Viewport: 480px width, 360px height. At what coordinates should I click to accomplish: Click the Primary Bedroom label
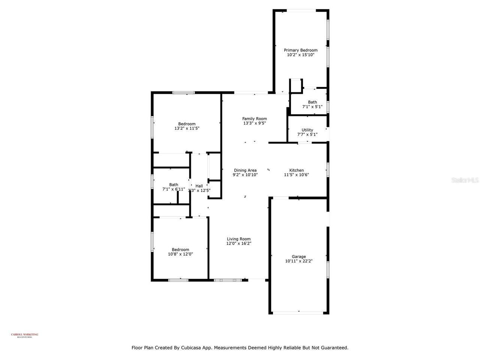point(300,50)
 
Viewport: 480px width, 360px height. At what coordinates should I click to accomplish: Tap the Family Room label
point(254,119)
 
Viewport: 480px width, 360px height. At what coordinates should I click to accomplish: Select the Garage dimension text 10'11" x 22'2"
point(299,261)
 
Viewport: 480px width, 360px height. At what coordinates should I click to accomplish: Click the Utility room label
point(307,130)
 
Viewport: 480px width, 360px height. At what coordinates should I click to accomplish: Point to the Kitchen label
point(296,170)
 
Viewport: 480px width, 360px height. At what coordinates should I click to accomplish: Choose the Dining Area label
point(245,170)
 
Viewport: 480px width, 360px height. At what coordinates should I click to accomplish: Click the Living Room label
point(238,239)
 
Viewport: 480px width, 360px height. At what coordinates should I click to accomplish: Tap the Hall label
point(199,186)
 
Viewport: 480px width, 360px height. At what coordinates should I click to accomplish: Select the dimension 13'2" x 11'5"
point(187,128)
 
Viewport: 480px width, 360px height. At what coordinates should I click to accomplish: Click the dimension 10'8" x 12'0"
point(180,254)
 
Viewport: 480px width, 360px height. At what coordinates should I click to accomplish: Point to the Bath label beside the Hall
point(174,184)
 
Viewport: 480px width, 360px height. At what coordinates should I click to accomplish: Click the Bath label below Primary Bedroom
point(312,102)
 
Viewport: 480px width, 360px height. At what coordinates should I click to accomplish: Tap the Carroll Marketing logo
point(24,335)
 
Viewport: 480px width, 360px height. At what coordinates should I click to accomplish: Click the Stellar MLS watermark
point(465,180)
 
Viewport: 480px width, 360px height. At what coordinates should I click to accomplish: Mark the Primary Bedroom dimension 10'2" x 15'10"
point(300,55)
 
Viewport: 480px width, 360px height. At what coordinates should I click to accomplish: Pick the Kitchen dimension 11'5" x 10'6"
point(296,175)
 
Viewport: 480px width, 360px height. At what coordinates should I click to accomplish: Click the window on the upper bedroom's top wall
point(183,92)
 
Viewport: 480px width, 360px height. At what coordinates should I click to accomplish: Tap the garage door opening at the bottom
point(298,312)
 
